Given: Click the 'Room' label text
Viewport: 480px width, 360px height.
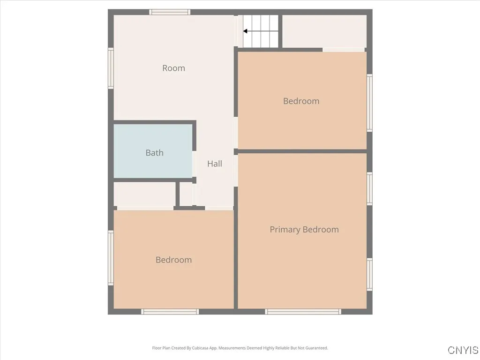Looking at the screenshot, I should [x=173, y=68].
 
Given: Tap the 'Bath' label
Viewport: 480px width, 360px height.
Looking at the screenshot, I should [x=154, y=152].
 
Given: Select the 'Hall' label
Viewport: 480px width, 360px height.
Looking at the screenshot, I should [x=215, y=164].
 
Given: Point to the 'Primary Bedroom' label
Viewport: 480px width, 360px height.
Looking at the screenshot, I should [x=304, y=229].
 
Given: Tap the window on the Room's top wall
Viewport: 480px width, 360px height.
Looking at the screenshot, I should [x=170, y=12].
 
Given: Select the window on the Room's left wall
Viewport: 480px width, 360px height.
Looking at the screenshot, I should [x=111, y=68].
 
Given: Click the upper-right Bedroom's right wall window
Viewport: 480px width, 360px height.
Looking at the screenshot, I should [x=369, y=102].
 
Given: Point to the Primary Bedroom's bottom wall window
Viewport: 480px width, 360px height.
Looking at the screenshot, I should [x=303, y=311].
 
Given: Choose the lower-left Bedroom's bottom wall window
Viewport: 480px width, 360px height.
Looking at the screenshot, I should [x=170, y=311].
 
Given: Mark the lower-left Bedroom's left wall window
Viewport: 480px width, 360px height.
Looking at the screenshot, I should [x=111, y=257].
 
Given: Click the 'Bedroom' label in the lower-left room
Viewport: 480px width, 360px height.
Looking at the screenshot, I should [x=173, y=260].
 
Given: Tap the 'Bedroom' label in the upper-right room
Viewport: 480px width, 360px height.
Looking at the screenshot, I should [x=301, y=101].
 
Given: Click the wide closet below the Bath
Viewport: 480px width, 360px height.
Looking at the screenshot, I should [x=144, y=194].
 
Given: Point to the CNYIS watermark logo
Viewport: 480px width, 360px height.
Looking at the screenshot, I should [x=463, y=350].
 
